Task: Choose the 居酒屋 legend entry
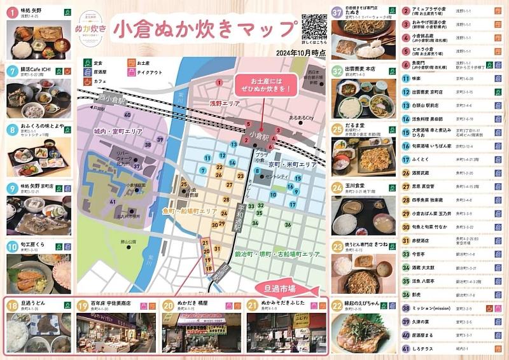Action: (x=98, y=72)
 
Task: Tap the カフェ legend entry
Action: (x=98, y=81)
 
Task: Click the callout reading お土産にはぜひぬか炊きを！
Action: (x=257, y=85)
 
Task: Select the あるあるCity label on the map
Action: (x=302, y=118)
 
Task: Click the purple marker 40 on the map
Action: (x=127, y=114)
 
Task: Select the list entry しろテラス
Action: (x=422, y=349)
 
